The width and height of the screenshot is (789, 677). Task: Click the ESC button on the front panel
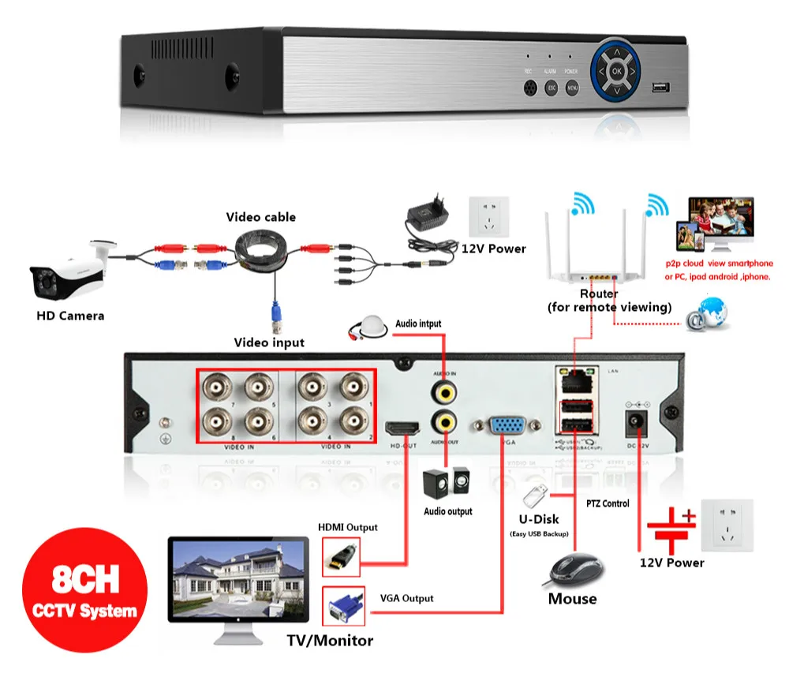point(552,88)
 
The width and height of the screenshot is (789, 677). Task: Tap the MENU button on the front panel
point(574,88)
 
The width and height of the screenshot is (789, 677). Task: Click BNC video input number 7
point(215,387)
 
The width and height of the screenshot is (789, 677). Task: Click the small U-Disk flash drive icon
point(535,496)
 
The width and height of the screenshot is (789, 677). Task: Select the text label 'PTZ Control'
point(607,503)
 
